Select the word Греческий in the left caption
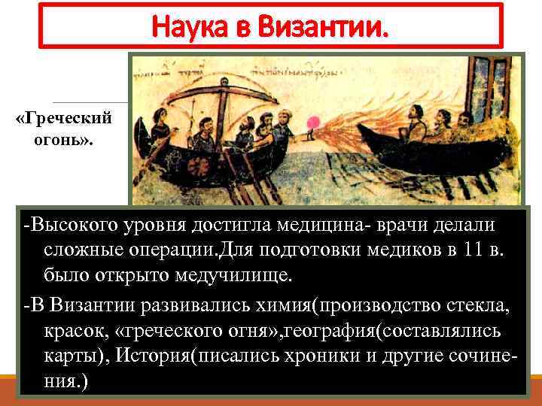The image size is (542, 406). (63, 119)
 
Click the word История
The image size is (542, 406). (156, 356)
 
